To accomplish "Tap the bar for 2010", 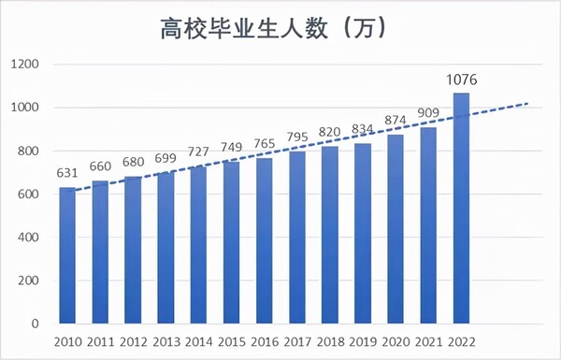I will coord(67,256).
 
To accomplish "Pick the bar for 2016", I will coord(264,241).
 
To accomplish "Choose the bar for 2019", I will coord(362,234).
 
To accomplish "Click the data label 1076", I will coord(461,79).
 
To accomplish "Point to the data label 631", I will coord(67,173).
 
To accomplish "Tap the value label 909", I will coord(427,113).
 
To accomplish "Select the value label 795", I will coord(296,137).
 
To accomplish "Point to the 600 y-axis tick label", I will coord(26,194).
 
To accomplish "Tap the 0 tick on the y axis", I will coord(34,324).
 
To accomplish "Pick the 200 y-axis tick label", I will coord(26,281).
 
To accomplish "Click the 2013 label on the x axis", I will coord(165,342).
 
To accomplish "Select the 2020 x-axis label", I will coord(395,342).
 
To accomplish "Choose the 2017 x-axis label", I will coord(296,342).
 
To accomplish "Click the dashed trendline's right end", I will coord(527,103).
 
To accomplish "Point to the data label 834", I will coord(362,129).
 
